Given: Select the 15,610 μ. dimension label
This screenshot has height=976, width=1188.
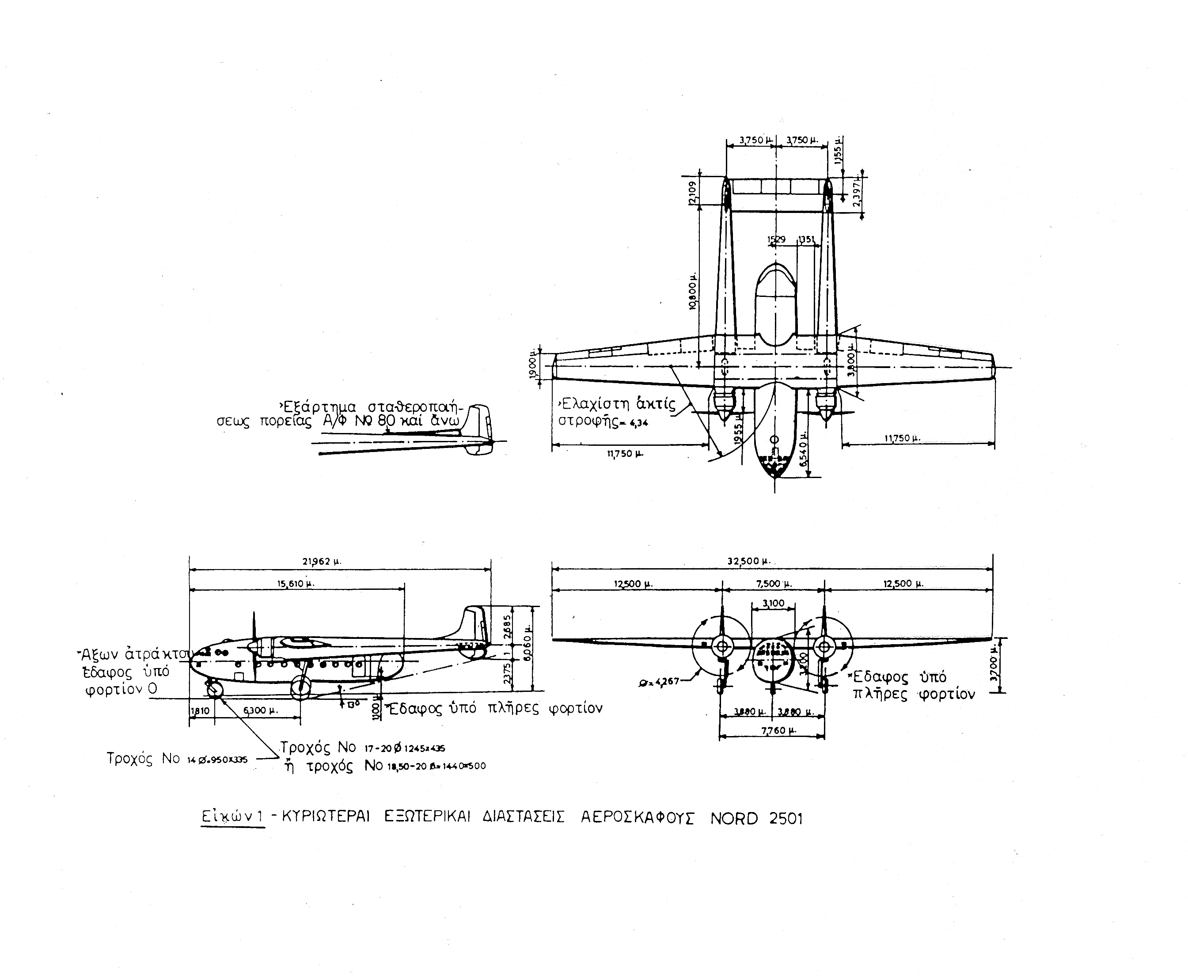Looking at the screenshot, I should coord(296,584).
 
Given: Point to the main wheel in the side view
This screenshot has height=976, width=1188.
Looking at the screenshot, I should coord(300,688).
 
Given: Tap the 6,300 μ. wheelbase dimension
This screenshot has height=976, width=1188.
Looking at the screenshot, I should coord(260,710).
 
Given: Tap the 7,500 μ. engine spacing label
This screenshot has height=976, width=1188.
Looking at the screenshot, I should coord(774,584).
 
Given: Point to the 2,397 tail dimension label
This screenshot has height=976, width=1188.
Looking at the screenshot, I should coord(857,194).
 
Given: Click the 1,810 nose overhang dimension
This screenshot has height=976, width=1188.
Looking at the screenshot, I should coord(200,710).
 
